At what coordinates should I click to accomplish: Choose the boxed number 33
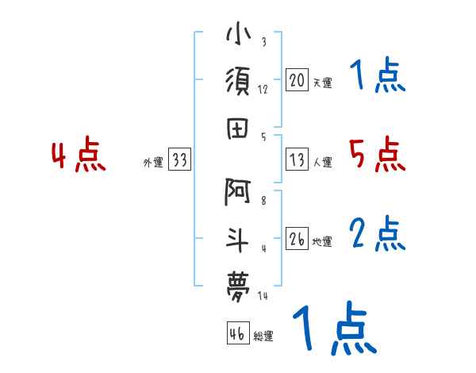pos(179,160)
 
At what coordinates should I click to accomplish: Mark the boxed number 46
pos(237,333)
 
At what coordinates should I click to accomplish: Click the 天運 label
pos(322,83)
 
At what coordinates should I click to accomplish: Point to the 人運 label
pos(322,163)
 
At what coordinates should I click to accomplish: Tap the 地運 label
pos(322,242)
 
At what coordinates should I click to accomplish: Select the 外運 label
pos(153,163)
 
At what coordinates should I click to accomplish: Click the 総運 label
pos(263,336)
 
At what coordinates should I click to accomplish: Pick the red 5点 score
pos(377,155)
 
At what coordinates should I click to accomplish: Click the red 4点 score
pos(79,156)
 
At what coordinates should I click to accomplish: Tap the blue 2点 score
pos(378,234)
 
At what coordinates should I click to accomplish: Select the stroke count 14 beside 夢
pos(263,295)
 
